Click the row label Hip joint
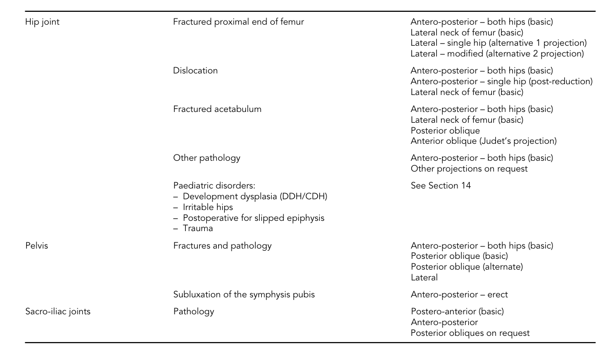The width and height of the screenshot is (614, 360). pos(42,22)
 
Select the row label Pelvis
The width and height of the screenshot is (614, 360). pos(36,246)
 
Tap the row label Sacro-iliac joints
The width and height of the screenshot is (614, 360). pos(57,311)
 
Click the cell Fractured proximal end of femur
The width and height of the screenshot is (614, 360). pos(238,22)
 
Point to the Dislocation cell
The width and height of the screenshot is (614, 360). pos(195,71)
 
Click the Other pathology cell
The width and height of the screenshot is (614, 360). pos(206,158)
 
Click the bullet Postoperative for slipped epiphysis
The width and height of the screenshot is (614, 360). pos(253,218)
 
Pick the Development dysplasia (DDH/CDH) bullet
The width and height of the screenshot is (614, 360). pos(255,197)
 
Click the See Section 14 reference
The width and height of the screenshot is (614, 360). pos(440,186)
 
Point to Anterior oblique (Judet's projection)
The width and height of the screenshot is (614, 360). pos(483,141)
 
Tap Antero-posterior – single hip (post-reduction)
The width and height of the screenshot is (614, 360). pos(501,82)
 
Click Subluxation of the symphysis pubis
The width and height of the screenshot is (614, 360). pos(243,295)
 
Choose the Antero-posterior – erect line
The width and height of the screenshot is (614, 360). pos(459,295)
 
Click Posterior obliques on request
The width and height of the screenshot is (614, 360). pos(470,333)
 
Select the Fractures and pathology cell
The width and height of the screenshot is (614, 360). pos(222,246)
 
